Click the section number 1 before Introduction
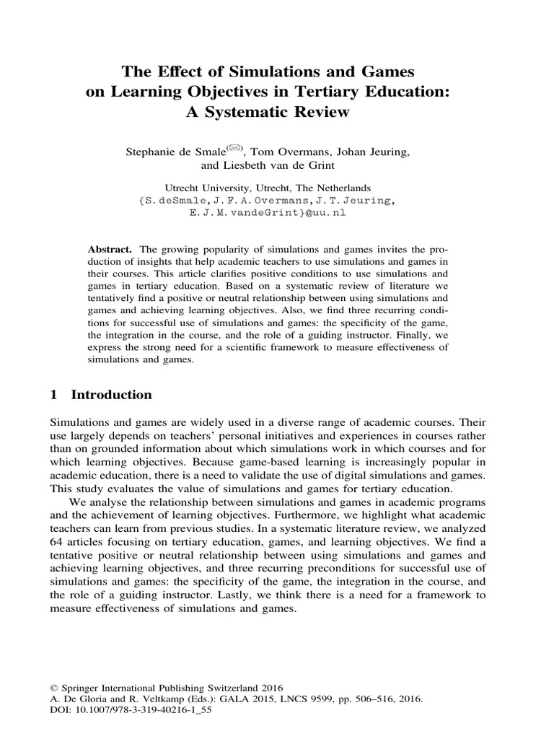(x=53, y=395)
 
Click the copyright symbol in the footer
(x=53, y=688)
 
